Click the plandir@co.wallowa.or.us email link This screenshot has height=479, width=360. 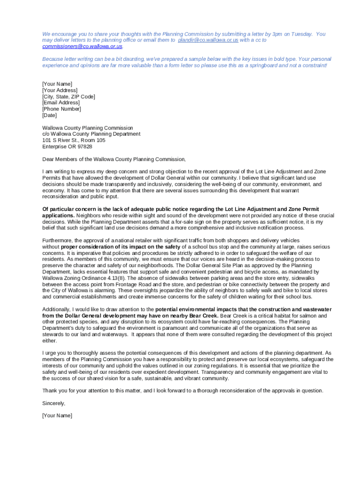coord(208,40)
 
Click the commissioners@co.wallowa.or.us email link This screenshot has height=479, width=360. coord(82,46)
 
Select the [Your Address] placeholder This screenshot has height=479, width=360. coord(60,90)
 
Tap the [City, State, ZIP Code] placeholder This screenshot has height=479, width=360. coord(69,96)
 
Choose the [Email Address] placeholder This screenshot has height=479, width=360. coord(61,102)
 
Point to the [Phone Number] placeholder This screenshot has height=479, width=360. coord(62,109)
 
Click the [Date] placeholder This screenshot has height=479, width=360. coord(50,115)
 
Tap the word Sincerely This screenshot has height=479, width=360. coord(54,403)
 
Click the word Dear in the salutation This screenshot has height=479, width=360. coord(49,159)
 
